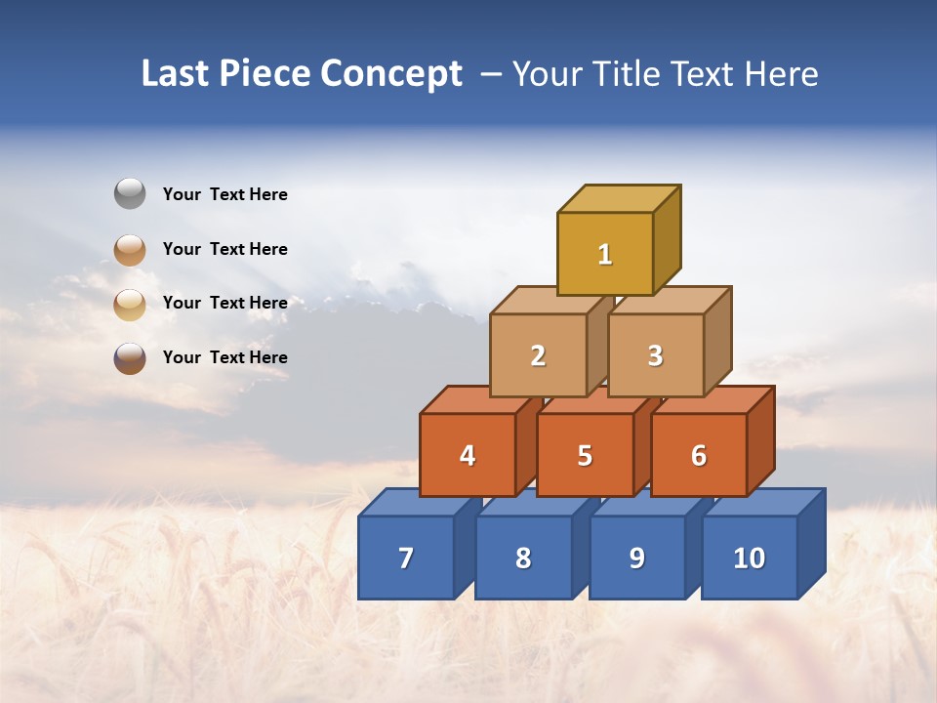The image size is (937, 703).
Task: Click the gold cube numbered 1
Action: pyautogui.click(x=605, y=254)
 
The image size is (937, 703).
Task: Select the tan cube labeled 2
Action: pyautogui.click(x=538, y=355)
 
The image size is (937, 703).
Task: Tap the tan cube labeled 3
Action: pyautogui.click(x=655, y=355)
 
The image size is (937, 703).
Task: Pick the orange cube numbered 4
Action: pyautogui.click(x=468, y=455)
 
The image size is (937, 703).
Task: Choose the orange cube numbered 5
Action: pyautogui.click(x=585, y=455)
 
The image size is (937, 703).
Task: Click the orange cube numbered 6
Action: pyautogui.click(x=699, y=455)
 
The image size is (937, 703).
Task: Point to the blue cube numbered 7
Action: pyautogui.click(x=406, y=558)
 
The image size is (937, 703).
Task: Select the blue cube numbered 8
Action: pyautogui.click(x=523, y=558)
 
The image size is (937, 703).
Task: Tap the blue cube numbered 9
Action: pyautogui.click(x=637, y=558)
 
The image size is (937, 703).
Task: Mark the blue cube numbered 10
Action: pyautogui.click(x=750, y=558)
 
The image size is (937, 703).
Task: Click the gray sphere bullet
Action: pyautogui.click(x=130, y=193)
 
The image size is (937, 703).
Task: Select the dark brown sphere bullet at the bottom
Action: pyautogui.click(x=130, y=357)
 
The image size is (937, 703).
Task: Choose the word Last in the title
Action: pyautogui.click(x=177, y=73)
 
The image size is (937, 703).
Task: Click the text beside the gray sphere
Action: pyautogui.click(x=225, y=194)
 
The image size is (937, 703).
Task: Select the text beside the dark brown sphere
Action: pyautogui.click(x=225, y=357)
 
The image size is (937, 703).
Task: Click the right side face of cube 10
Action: pyautogui.click(x=812, y=543)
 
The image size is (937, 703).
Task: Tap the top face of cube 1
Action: pyautogui.click(x=619, y=198)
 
